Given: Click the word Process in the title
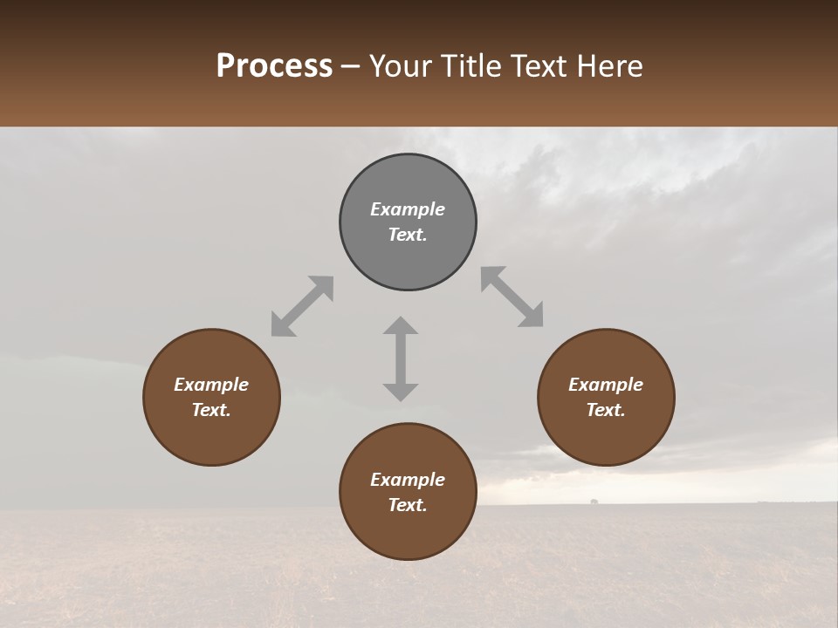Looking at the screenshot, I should tap(274, 66).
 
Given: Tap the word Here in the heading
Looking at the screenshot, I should tap(607, 66).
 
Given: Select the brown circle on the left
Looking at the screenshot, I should tap(211, 436).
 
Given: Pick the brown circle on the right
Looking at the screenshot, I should tap(606, 436).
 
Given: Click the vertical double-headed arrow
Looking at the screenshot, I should tap(401, 358).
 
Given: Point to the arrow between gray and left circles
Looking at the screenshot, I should tap(302, 306).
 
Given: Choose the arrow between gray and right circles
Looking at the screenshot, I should tap(512, 297).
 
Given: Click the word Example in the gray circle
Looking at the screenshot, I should tap(408, 209).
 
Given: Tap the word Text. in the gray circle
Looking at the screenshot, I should tap(408, 235).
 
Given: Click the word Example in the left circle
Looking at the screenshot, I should tap(211, 385).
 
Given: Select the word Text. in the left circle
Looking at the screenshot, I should tap(211, 410).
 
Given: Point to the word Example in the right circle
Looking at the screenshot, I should tap(606, 385).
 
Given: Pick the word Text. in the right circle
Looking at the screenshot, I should tap(606, 410).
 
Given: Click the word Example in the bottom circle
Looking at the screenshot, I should tap(408, 480).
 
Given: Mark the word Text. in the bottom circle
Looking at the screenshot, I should tap(408, 505).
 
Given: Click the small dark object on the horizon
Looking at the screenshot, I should tap(594, 502).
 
